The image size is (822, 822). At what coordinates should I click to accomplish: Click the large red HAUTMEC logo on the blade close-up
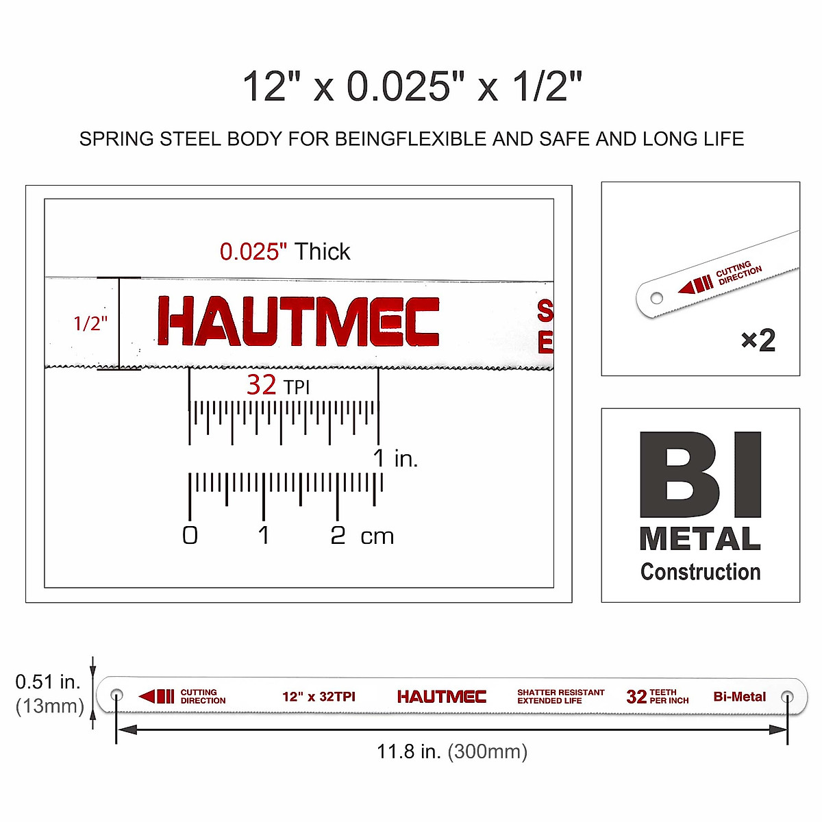click(298, 321)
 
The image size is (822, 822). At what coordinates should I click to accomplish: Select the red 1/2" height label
click(90, 323)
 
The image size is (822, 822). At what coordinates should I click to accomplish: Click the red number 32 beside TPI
click(262, 385)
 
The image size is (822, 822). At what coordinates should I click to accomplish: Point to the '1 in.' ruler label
click(395, 458)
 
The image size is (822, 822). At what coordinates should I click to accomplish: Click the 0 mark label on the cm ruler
click(190, 535)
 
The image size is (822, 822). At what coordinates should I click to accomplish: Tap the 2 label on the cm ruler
click(338, 535)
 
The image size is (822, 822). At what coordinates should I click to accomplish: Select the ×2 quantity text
click(758, 340)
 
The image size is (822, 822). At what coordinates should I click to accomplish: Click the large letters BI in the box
click(700, 475)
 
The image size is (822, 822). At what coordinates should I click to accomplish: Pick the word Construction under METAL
click(700, 571)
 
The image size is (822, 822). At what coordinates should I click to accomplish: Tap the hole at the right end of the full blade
click(788, 697)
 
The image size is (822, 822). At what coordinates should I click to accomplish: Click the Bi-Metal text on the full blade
click(739, 697)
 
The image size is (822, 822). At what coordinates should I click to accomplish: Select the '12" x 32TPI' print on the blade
click(319, 697)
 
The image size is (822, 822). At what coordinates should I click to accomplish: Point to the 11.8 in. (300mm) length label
click(452, 751)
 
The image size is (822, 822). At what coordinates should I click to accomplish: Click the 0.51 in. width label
click(48, 682)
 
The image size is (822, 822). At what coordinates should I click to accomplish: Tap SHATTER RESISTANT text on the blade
click(560, 693)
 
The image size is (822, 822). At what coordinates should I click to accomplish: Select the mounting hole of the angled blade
click(656, 298)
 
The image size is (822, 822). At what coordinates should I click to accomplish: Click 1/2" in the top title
click(547, 86)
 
